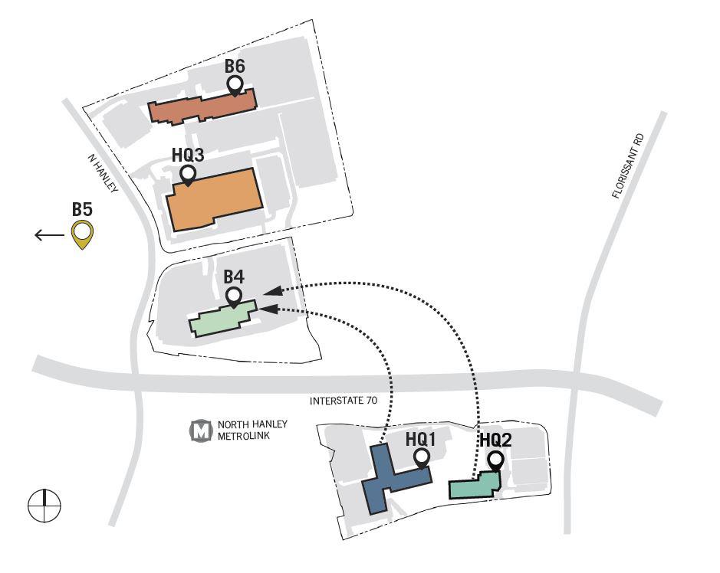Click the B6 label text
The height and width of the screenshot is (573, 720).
235,66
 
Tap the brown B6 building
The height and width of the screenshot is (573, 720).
202,106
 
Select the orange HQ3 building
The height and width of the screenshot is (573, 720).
215,200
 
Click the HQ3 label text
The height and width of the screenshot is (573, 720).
188,155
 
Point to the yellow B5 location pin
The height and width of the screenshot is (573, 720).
83,234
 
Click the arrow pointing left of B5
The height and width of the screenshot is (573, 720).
50,235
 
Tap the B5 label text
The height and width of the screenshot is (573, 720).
83,209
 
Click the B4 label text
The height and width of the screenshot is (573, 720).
234,277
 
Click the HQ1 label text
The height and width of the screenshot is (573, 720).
421,440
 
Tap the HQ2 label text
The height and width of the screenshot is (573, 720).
495,440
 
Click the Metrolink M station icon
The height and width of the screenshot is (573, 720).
201,431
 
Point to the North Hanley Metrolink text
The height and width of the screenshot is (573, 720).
252,431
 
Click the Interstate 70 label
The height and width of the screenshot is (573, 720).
344,401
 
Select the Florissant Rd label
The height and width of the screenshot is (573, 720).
628,166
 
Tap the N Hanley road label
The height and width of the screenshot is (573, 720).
103,173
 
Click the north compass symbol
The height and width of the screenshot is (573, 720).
44,506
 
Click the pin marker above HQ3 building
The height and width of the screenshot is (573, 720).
188,175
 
